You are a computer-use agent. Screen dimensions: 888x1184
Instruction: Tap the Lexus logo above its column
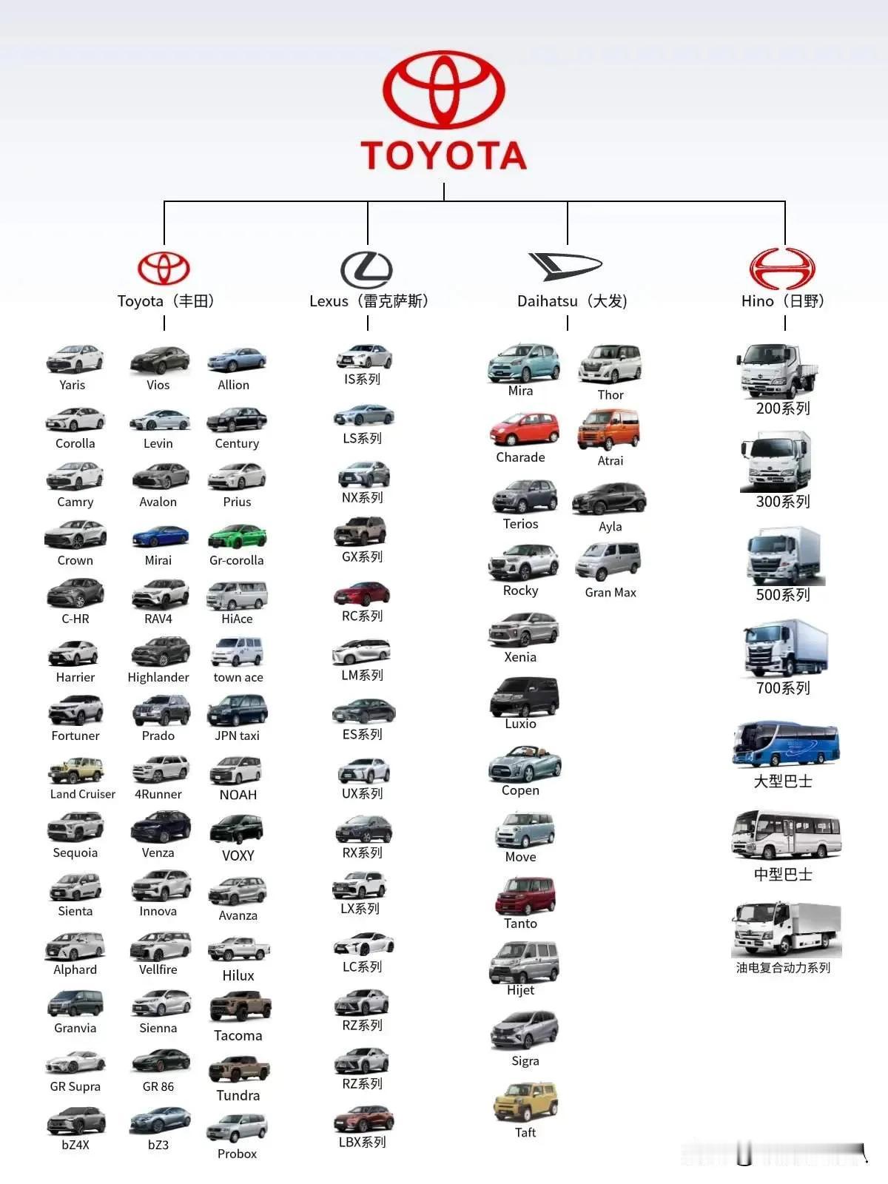click(366, 269)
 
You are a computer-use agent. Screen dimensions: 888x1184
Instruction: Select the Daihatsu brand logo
click(565, 266)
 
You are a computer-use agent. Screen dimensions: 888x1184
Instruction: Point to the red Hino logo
click(782, 268)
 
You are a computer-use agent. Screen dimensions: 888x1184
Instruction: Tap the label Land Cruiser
click(83, 794)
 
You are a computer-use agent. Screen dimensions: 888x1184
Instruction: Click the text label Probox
click(237, 1154)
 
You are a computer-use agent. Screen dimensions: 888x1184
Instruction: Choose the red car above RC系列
click(362, 593)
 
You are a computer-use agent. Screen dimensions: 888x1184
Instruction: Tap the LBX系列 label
click(362, 1142)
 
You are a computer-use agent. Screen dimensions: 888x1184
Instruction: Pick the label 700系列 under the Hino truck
click(783, 688)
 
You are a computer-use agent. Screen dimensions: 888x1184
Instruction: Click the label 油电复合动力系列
click(783, 968)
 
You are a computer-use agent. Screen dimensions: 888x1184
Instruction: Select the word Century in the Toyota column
click(237, 443)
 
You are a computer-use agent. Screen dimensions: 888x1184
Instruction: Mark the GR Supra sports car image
click(75, 1063)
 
